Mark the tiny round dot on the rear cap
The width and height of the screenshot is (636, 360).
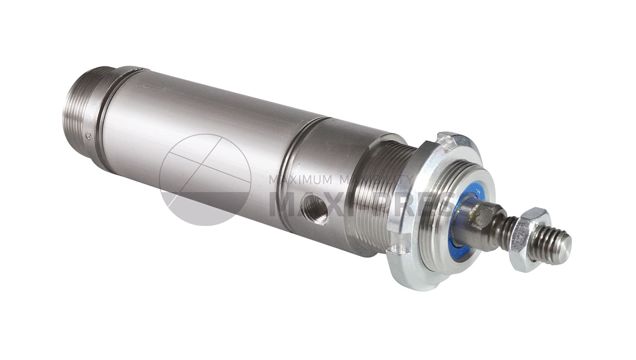point(88,135)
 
